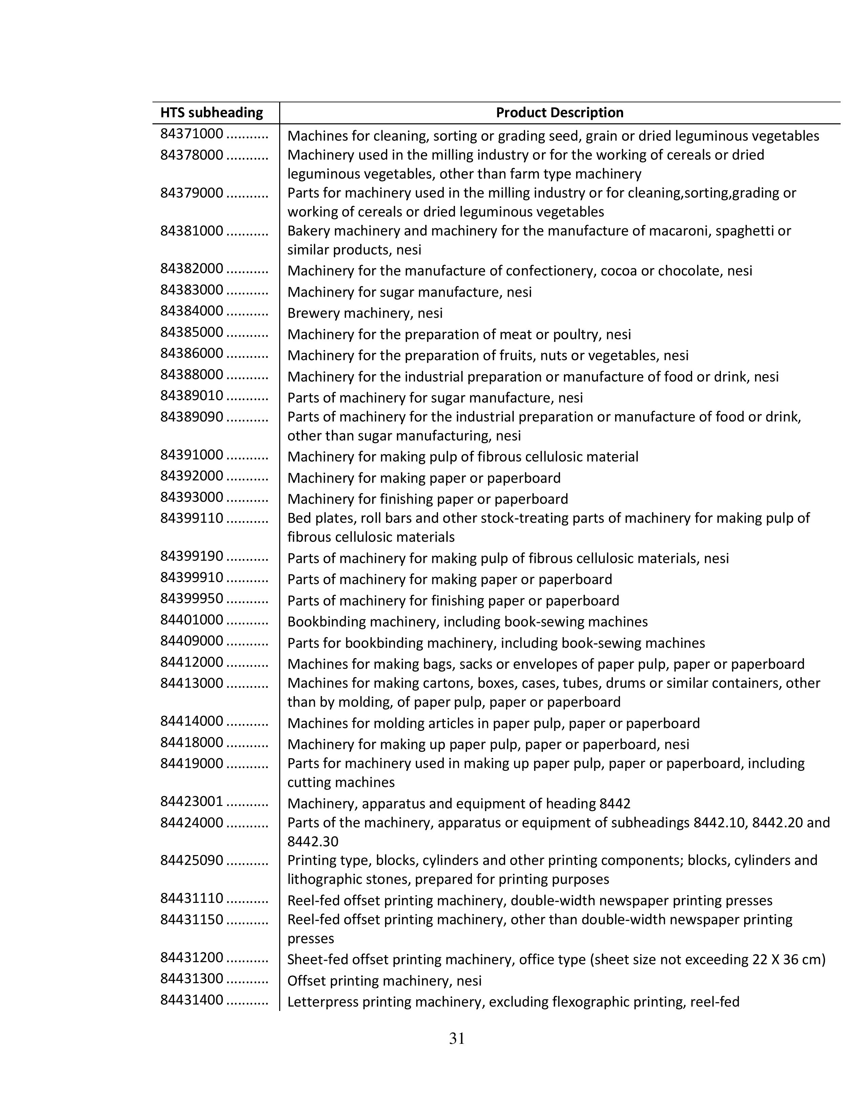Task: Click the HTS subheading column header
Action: tap(211, 112)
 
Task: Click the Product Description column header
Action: tap(559, 112)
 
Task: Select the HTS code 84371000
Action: tap(191, 134)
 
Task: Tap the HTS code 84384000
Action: tap(191, 311)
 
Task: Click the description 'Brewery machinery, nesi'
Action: tap(365, 313)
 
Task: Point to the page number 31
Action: tap(457, 1039)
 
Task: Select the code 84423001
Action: tap(191, 802)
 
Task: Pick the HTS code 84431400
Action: tap(191, 1000)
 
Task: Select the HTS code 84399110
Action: tap(191, 518)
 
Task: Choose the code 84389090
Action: tap(191, 417)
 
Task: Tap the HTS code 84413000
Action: tap(191, 683)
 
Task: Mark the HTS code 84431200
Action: tap(191, 957)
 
